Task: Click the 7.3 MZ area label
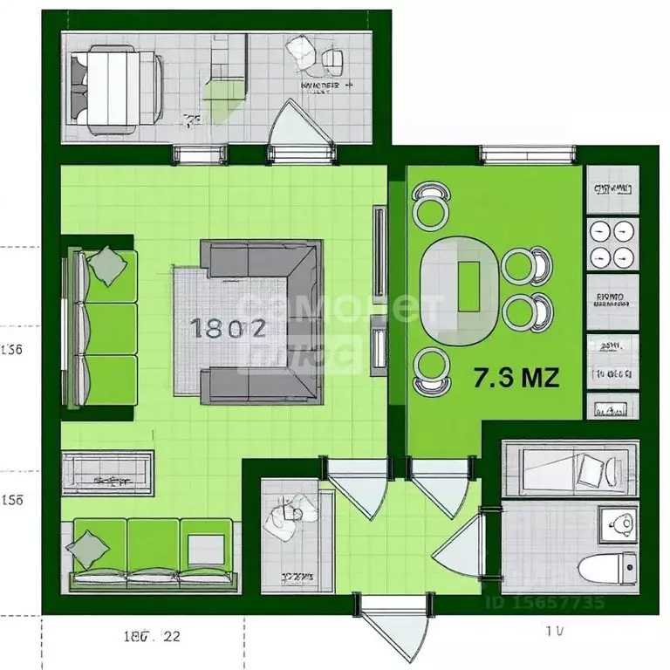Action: pos(516,378)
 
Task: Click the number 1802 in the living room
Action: pos(228,328)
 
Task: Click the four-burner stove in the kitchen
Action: pos(610,243)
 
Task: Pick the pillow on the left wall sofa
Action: pos(108,265)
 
